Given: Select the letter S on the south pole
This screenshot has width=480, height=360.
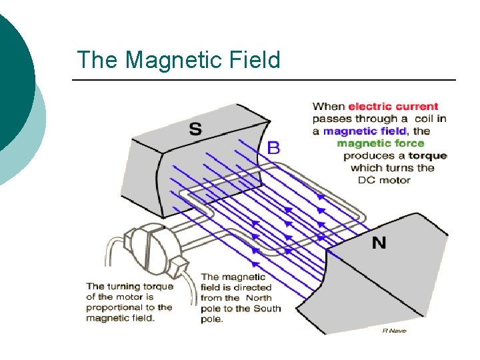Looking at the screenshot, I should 195,129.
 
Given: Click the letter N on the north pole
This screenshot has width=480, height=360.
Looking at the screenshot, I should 379,243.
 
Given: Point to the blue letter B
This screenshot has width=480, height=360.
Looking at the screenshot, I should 273,147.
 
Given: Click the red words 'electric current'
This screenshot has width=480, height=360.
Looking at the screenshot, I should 393,107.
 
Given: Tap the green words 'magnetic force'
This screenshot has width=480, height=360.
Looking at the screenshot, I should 380,143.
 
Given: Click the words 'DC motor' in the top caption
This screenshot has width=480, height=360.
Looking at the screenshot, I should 384,180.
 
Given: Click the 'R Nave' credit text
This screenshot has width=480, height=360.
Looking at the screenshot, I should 394,331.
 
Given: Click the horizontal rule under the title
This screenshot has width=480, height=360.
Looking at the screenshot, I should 263,81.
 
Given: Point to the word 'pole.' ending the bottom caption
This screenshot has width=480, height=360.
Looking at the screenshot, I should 211,319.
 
